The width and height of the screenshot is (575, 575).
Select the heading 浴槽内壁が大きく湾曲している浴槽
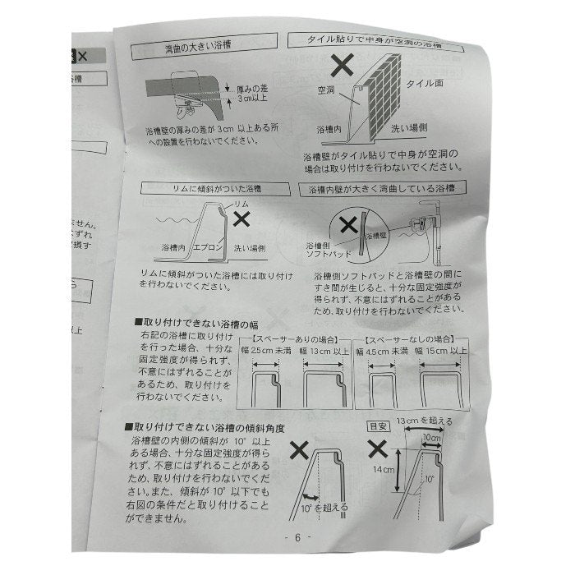click(x=384, y=190)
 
